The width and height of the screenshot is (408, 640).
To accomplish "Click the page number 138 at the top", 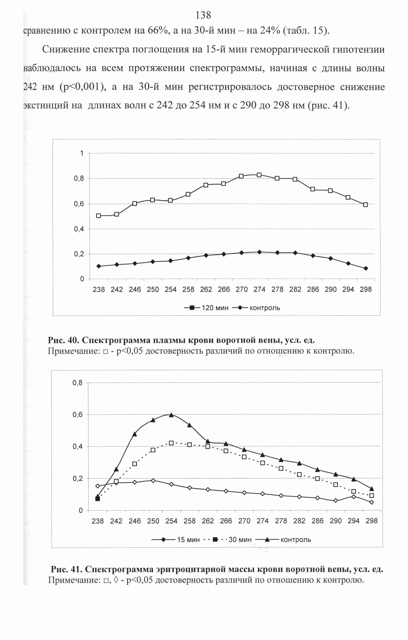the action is pos(203,15).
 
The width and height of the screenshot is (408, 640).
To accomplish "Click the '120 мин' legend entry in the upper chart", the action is pos(206,308).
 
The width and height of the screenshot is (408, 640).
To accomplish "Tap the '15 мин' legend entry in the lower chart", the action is pos(175,540).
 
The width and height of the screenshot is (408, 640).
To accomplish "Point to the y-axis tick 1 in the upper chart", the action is pos(82,153).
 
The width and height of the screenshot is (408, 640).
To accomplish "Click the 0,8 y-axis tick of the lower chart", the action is pos(78,383).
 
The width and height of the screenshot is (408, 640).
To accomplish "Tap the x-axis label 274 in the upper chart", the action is pos(259,290).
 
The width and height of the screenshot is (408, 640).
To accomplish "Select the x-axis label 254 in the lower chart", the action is pos(171,521).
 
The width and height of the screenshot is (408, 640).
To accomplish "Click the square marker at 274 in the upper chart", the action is pos(259,175).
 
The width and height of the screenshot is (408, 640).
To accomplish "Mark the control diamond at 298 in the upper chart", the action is pos(366,268).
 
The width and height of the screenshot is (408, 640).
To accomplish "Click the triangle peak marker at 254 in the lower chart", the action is pos(171,415).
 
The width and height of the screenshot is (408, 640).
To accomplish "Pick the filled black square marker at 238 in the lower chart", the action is pos(98,499).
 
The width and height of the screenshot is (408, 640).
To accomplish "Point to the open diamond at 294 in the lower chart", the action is pos(354,496).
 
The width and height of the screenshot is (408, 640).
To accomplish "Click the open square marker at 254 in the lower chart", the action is pos(171,443).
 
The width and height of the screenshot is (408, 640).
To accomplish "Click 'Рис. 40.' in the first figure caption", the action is pos(63,340).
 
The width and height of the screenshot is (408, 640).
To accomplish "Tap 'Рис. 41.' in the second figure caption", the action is pos(66,569).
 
